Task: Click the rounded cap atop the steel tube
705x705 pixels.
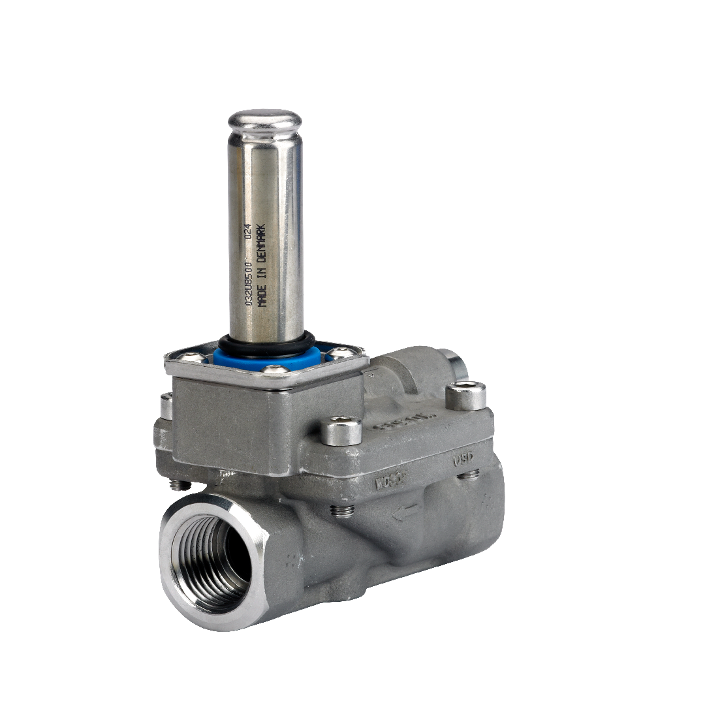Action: point(264,122)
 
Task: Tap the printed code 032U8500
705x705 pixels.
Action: point(249,281)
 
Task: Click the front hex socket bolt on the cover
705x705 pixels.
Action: point(341,431)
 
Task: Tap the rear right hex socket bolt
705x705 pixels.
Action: point(466,395)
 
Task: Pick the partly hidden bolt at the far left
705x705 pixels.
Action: point(167,406)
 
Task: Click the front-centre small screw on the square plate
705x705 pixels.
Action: point(274,370)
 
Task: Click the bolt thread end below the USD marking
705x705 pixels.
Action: point(468,475)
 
